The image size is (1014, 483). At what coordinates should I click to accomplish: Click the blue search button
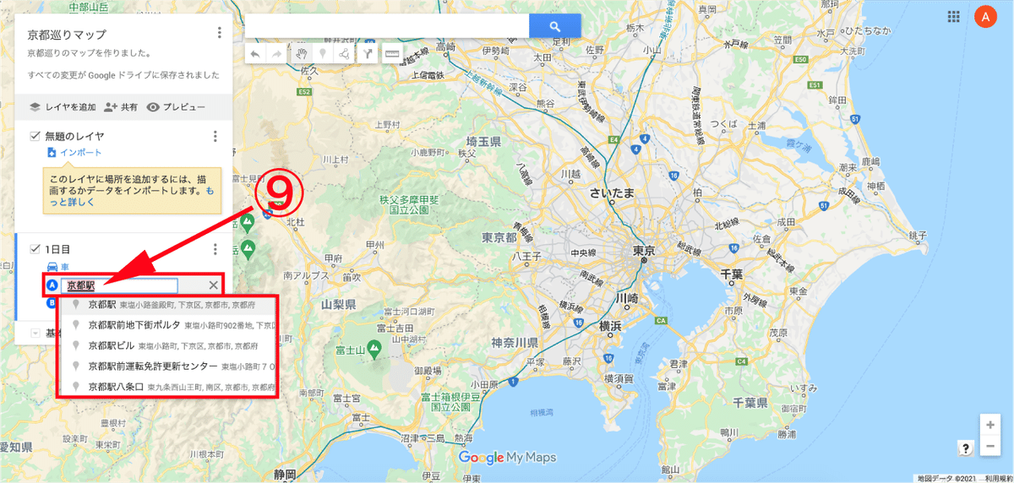(x=555, y=26)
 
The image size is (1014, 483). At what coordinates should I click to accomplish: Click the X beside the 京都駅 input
(x=213, y=285)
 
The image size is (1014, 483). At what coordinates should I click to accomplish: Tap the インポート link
(x=80, y=153)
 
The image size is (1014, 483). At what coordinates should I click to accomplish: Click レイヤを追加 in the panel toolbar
(x=63, y=107)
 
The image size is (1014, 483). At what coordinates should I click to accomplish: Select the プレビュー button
(x=176, y=107)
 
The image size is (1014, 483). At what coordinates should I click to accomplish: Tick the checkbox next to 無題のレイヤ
(x=35, y=136)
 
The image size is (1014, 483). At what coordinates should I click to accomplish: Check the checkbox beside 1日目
(x=35, y=249)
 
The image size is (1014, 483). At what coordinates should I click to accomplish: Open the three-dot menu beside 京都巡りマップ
(x=219, y=33)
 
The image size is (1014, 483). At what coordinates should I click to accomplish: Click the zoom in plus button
(x=990, y=425)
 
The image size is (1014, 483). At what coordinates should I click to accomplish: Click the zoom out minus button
(x=990, y=446)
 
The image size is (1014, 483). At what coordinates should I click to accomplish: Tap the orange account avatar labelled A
(x=985, y=16)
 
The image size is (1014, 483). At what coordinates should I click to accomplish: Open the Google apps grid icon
(x=953, y=16)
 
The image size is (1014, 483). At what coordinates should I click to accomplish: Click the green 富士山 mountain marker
(x=375, y=348)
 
